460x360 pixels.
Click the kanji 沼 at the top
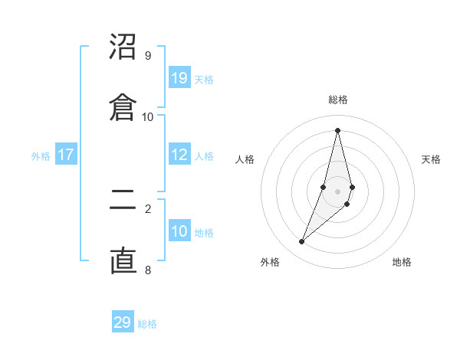click(123, 47)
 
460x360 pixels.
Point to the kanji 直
click(123, 260)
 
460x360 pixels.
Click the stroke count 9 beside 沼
click(148, 56)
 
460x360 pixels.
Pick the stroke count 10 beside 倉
click(148, 116)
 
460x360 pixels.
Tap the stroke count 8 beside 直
click(148, 269)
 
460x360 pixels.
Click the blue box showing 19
click(179, 78)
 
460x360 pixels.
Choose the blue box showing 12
click(179, 155)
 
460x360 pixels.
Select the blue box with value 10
click(179, 231)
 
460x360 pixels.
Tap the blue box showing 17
click(66, 155)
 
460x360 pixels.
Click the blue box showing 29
click(123, 322)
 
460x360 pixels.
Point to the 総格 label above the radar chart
click(337, 100)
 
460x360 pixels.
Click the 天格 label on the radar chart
click(432, 159)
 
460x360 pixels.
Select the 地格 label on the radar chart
click(402, 262)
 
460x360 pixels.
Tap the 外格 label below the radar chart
click(270, 262)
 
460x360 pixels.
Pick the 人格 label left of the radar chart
click(245, 159)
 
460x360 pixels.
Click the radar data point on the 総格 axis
click(337, 129)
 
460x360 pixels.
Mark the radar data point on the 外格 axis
click(301, 242)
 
